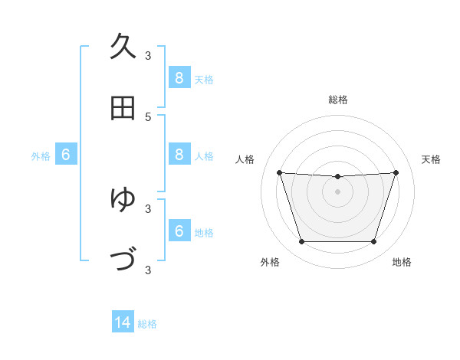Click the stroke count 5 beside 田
point(148,117)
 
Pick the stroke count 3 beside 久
point(148,56)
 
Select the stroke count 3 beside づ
point(148,270)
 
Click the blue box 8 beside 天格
point(179,77)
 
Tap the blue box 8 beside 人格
point(179,155)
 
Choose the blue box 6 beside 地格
point(179,231)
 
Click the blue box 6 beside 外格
point(66,155)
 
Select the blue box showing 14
point(123,322)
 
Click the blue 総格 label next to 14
point(147,324)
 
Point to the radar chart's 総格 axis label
point(337,100)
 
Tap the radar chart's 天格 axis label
point(431,159)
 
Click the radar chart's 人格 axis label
point(245,159)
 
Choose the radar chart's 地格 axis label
point(402,262)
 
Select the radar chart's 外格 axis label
point(270,262)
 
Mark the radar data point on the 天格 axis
point(396,172)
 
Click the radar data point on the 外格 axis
point(301,242)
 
